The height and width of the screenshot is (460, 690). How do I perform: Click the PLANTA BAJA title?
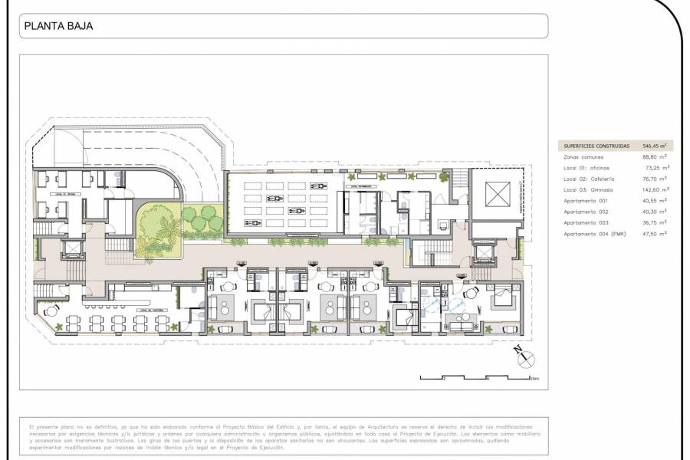coord(59,26)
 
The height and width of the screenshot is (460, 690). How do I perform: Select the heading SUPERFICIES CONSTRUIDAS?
coord(596,146)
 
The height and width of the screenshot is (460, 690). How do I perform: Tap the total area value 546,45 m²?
coord(653,146)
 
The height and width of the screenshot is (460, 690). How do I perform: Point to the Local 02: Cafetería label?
coord(590,179)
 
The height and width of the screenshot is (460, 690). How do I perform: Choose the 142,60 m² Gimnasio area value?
coord(654,189)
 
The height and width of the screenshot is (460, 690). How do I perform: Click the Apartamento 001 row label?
coord(586,200)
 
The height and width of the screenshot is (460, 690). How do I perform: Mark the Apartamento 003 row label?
coord(586,222)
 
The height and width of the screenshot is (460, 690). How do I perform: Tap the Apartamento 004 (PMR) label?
coord(595,234)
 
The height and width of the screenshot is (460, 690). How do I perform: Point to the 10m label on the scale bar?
coord(534,379)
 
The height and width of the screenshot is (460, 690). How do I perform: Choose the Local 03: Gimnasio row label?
coord(589,189)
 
